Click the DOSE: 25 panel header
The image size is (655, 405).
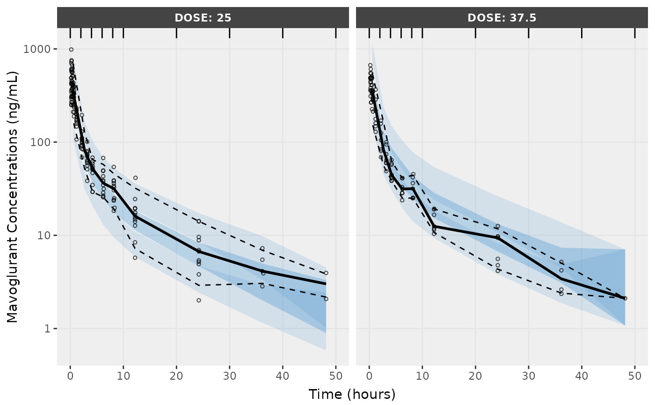203,18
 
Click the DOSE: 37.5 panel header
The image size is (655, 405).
502,18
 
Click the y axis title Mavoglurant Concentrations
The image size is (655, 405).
13,197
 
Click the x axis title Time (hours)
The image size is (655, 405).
352,394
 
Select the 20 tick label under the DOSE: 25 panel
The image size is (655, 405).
176,376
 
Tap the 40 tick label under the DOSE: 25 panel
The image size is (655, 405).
283,376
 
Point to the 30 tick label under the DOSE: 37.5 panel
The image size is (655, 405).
528,376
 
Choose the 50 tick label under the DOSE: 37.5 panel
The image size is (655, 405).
634,376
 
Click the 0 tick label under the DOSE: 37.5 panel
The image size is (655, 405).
369,376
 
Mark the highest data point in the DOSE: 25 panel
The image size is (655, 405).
71,49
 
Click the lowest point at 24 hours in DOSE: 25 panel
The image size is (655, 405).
198,300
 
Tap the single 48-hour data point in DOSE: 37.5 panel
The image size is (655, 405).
625,298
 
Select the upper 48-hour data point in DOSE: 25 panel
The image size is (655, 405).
326,273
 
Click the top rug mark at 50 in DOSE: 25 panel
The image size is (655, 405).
336,33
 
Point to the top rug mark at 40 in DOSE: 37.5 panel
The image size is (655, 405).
582,33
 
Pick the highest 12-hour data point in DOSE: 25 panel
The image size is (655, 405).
135,178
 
